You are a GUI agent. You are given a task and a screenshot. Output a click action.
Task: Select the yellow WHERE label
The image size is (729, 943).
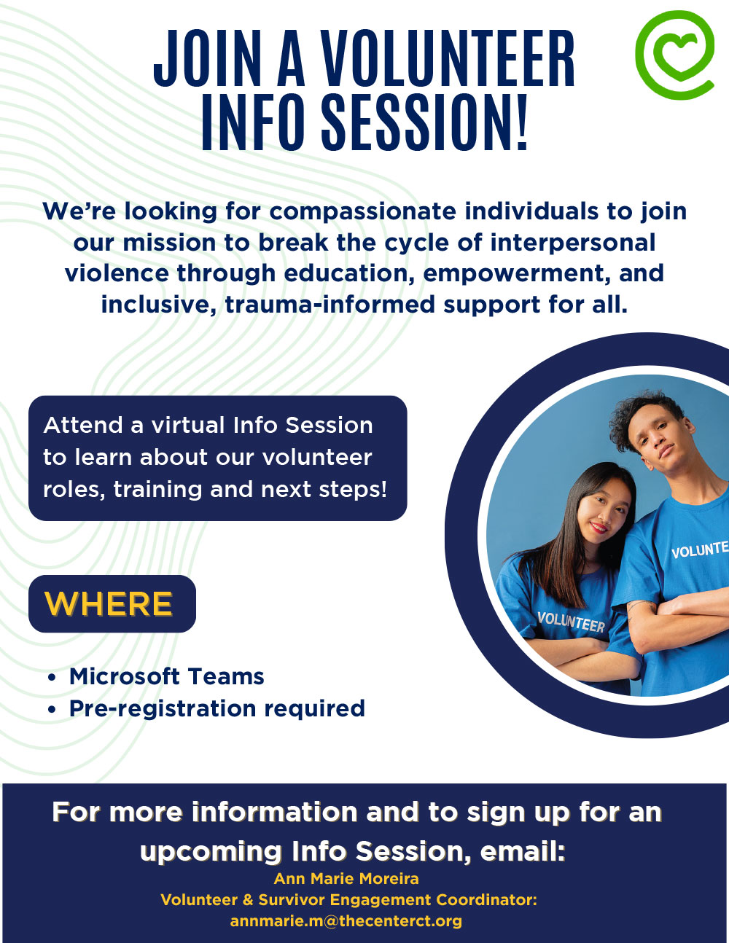(109, 603)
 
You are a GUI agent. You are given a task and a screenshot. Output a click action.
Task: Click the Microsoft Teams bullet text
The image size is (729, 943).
(167, 676)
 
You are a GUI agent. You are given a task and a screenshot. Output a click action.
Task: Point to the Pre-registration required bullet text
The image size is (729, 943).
(217, 708)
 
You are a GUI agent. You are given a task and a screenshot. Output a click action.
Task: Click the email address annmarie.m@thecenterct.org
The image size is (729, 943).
(346, 920)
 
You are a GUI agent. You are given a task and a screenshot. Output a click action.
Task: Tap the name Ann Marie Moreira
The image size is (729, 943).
(346, 878)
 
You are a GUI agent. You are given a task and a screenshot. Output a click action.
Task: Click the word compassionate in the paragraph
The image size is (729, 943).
(363, 212)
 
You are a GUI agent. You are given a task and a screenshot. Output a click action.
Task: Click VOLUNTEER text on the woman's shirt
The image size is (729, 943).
(571, 622)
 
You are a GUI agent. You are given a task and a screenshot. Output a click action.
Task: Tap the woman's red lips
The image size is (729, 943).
(599, 528)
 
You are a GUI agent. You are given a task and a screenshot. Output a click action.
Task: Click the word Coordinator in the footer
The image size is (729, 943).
(486, 899)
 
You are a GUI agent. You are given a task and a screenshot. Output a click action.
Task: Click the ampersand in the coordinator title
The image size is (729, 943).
(248, 899)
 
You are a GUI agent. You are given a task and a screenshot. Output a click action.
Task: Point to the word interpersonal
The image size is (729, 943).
(573, 243)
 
